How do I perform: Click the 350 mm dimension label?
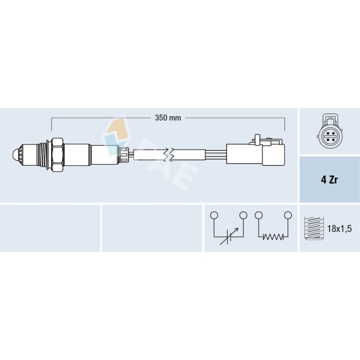point(167,118)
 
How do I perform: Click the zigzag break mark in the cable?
point(171,154)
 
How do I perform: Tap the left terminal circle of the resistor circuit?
point(258,215)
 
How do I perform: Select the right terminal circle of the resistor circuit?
point(288,215)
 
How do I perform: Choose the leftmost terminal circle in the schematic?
point(214,215)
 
